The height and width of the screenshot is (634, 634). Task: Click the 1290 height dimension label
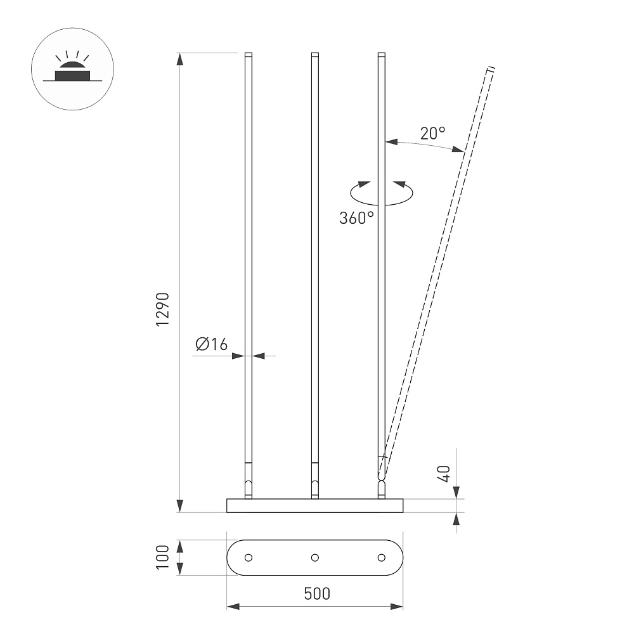tap(163, 309)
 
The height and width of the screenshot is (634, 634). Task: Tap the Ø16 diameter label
tap(212, 344)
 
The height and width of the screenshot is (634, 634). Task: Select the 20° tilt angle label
tap(432, 133)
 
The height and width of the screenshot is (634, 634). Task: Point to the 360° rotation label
tap(356, 218)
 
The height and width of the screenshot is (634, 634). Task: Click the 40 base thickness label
tap(444, 474)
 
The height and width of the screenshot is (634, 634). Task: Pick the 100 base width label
tap(163, 557)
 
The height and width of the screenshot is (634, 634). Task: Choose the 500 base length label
tap(317, 593)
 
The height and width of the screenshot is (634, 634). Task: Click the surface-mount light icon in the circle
tap(73, 68)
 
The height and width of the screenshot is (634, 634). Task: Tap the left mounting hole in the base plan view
tap(249, 557)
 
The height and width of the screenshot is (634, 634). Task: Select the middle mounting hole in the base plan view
tap(315, 557)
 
